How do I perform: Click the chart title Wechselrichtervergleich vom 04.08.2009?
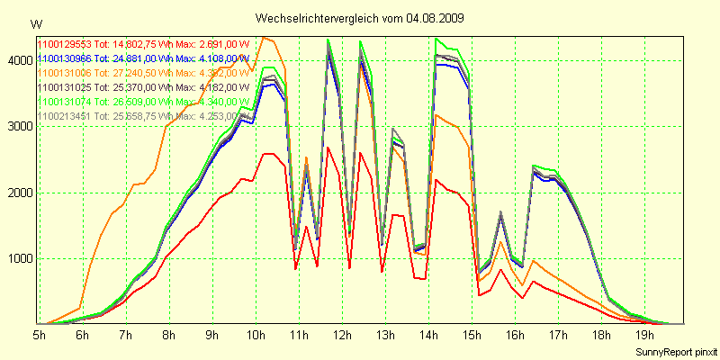click(x=360, y=18)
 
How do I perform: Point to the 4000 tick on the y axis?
click(x=19, y=60)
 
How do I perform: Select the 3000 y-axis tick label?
click(x=19, y=127)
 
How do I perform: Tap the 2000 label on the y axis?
click(x=19, y=193)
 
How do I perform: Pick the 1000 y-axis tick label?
click(x=19, y=259)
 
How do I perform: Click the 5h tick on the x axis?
click(x=40, y=335)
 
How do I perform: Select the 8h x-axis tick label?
click(x=168, y=335)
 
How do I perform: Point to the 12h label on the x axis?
click(x=341, y=335)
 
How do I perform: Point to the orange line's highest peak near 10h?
click(x=263, y=38)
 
